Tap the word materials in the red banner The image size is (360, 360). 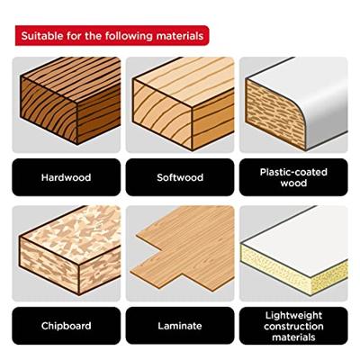[180, 36]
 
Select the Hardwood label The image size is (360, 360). [66, 177]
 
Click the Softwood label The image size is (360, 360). [180, 177]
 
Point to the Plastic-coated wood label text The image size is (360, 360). [293, 177]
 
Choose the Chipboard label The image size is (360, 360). [66, 326]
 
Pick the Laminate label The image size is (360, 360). [180, 326]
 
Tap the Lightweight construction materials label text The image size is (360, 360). [293, 326]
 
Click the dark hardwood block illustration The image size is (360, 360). [70, 101]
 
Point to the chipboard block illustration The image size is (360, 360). [70, 250]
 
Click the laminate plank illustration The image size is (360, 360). [183, 248]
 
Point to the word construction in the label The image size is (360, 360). [293, 326]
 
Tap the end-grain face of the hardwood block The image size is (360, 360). [49, 110]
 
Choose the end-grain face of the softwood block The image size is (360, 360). [162, 114]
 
